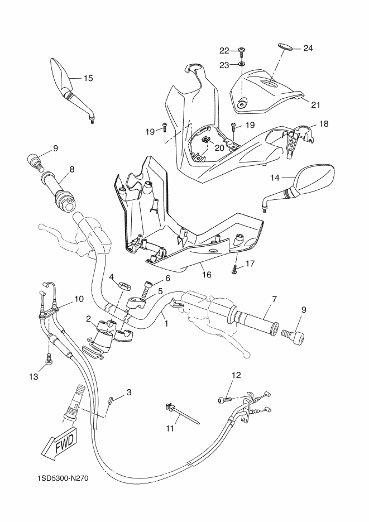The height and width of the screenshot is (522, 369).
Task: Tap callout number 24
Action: pos(308,48)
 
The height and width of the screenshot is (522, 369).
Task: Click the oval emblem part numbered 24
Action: pos(285,47)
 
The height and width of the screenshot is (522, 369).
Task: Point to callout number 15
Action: pos(88,78)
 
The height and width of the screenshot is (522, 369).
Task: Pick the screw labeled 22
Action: pos(242,51)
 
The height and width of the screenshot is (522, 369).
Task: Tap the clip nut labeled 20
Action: pos(205,140)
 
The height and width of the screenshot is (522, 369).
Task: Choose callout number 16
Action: pos(207,275)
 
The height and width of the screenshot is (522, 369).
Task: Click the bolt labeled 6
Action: pos(147,289)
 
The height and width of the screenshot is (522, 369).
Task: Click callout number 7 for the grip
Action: pos(275,299)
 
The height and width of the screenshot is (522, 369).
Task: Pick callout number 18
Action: pos(323,124)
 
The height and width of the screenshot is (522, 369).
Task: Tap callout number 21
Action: pos(315,105)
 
